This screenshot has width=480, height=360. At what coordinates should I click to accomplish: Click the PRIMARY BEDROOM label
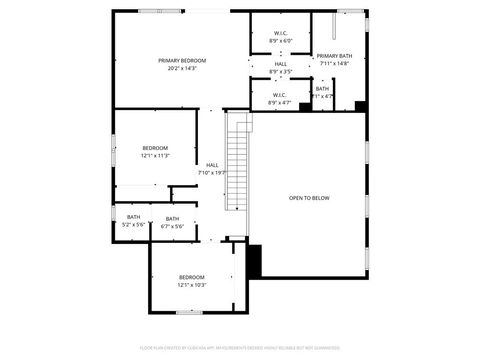click(x=181, y=61)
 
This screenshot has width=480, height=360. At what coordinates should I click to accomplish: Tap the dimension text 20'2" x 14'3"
click(x=181, y=69)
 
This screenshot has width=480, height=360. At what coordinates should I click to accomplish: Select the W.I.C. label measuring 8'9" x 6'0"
click(x=280, y=33)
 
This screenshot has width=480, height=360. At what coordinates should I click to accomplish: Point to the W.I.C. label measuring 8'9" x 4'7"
click(x=280, y=95)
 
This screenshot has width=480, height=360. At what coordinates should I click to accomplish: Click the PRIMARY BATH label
click(x=334, y=56)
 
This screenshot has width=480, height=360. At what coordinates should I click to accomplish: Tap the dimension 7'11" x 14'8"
click(x=334, y=64)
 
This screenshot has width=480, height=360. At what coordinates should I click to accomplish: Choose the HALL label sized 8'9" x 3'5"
click(x=281, y=64)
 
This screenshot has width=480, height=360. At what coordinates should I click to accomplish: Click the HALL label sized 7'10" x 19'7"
click(x=212, y=165)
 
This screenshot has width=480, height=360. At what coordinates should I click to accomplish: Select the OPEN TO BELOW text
click(x=309, y=198)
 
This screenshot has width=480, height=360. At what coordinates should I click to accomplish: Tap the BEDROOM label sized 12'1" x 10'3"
click(x=191, y=277)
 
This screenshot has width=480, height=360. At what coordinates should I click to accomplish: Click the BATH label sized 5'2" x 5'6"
click(x=133, y=217)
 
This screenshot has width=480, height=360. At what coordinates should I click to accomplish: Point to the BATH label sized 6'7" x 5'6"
click(x=172, y=219)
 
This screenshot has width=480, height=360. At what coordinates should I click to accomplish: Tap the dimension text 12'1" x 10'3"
click(x=191, y=285)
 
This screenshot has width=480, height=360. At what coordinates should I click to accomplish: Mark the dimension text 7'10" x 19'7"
click(x=212, y=173)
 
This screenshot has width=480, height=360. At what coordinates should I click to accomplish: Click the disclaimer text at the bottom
click(x=239, y=348)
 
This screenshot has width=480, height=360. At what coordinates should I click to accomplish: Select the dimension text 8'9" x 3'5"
click(x=281, y=72)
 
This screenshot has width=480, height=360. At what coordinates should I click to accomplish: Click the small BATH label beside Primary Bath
click(x=322, y=88)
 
